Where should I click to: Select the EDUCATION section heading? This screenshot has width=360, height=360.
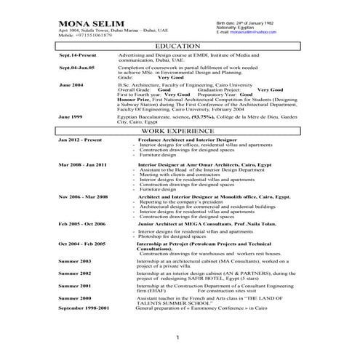pos(177,46)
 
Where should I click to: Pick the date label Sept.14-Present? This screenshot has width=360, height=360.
pos(78,55)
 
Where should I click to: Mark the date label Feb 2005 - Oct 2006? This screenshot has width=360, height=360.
pos(82,224)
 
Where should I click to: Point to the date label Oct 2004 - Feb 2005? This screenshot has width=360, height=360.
pos(82,244)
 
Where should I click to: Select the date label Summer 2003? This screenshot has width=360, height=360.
pos(75,260)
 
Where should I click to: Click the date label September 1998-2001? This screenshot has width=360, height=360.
pos(84,308)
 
